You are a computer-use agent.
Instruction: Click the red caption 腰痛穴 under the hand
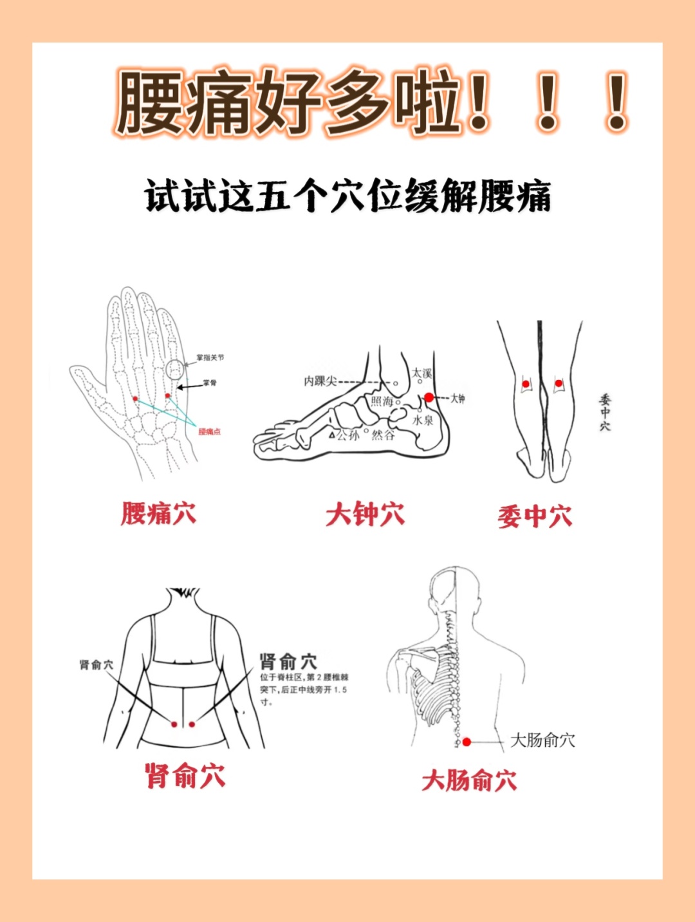pos(158,514)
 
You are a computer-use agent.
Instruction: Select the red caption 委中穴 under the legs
pos(534,516)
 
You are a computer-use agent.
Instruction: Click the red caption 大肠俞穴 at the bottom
pos(469,780)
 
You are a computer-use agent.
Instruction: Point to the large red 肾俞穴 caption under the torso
pos(185,776)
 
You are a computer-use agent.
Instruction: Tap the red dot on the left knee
pos(525,384)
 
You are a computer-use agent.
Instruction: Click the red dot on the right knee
pos(558,384)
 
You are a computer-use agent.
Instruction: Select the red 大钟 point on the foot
pos(429,398)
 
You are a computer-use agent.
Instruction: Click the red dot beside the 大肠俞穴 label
pos(467,742)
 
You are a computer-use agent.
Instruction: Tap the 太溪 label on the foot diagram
pos(422,373)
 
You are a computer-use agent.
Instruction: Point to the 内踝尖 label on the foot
pos(320,381)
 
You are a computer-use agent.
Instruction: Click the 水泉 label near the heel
pos(423,420)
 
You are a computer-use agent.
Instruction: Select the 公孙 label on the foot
pos(347,435)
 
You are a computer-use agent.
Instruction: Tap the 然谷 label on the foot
pos(384,435)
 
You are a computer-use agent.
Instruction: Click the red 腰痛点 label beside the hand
pos(209,431)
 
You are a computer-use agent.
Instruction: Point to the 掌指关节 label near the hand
pos(210,357)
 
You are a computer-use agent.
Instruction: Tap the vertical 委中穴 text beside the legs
pos(605,413)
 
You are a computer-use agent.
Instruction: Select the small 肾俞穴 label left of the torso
pos(96,664)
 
